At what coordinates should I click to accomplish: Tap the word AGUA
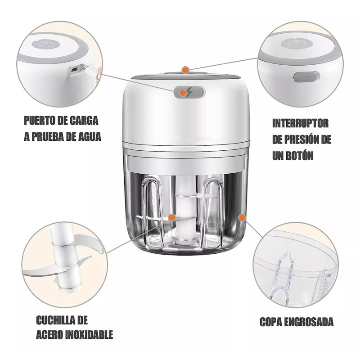point(87,136)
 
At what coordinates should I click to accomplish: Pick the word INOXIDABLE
point(87,335)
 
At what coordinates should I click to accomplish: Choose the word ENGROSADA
point(311,322)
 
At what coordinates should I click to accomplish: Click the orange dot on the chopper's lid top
point(184,69)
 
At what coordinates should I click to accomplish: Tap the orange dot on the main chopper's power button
point(183,93)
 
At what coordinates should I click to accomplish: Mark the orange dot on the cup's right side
point(242,217)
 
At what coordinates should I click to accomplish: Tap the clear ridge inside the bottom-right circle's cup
point(283,279)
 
